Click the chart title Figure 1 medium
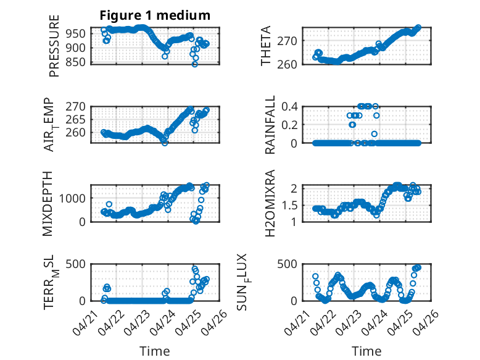tap(155, 15)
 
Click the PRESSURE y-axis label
tap(54, 46)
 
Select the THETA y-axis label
tap(266, 46)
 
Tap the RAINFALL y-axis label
tap(270, 125)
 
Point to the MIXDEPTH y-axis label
tap(48, 204)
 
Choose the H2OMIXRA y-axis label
tap(270, 203)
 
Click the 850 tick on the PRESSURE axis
tap(75, 62)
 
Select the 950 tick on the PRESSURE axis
tap(75, 34)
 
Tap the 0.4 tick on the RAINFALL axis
tap(289, 107)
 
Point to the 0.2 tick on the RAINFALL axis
tap(289, 125)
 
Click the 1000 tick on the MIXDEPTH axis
tap(72, 198)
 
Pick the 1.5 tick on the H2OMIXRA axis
tap(289, 205)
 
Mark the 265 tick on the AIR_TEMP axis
tap(75, 120)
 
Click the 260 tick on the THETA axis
tap(287, 65)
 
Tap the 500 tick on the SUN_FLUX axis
tap(287, 264)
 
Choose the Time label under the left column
tap(155, 351)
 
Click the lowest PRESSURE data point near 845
tap(195, 64)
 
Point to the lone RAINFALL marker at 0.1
tap(374, 134)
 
